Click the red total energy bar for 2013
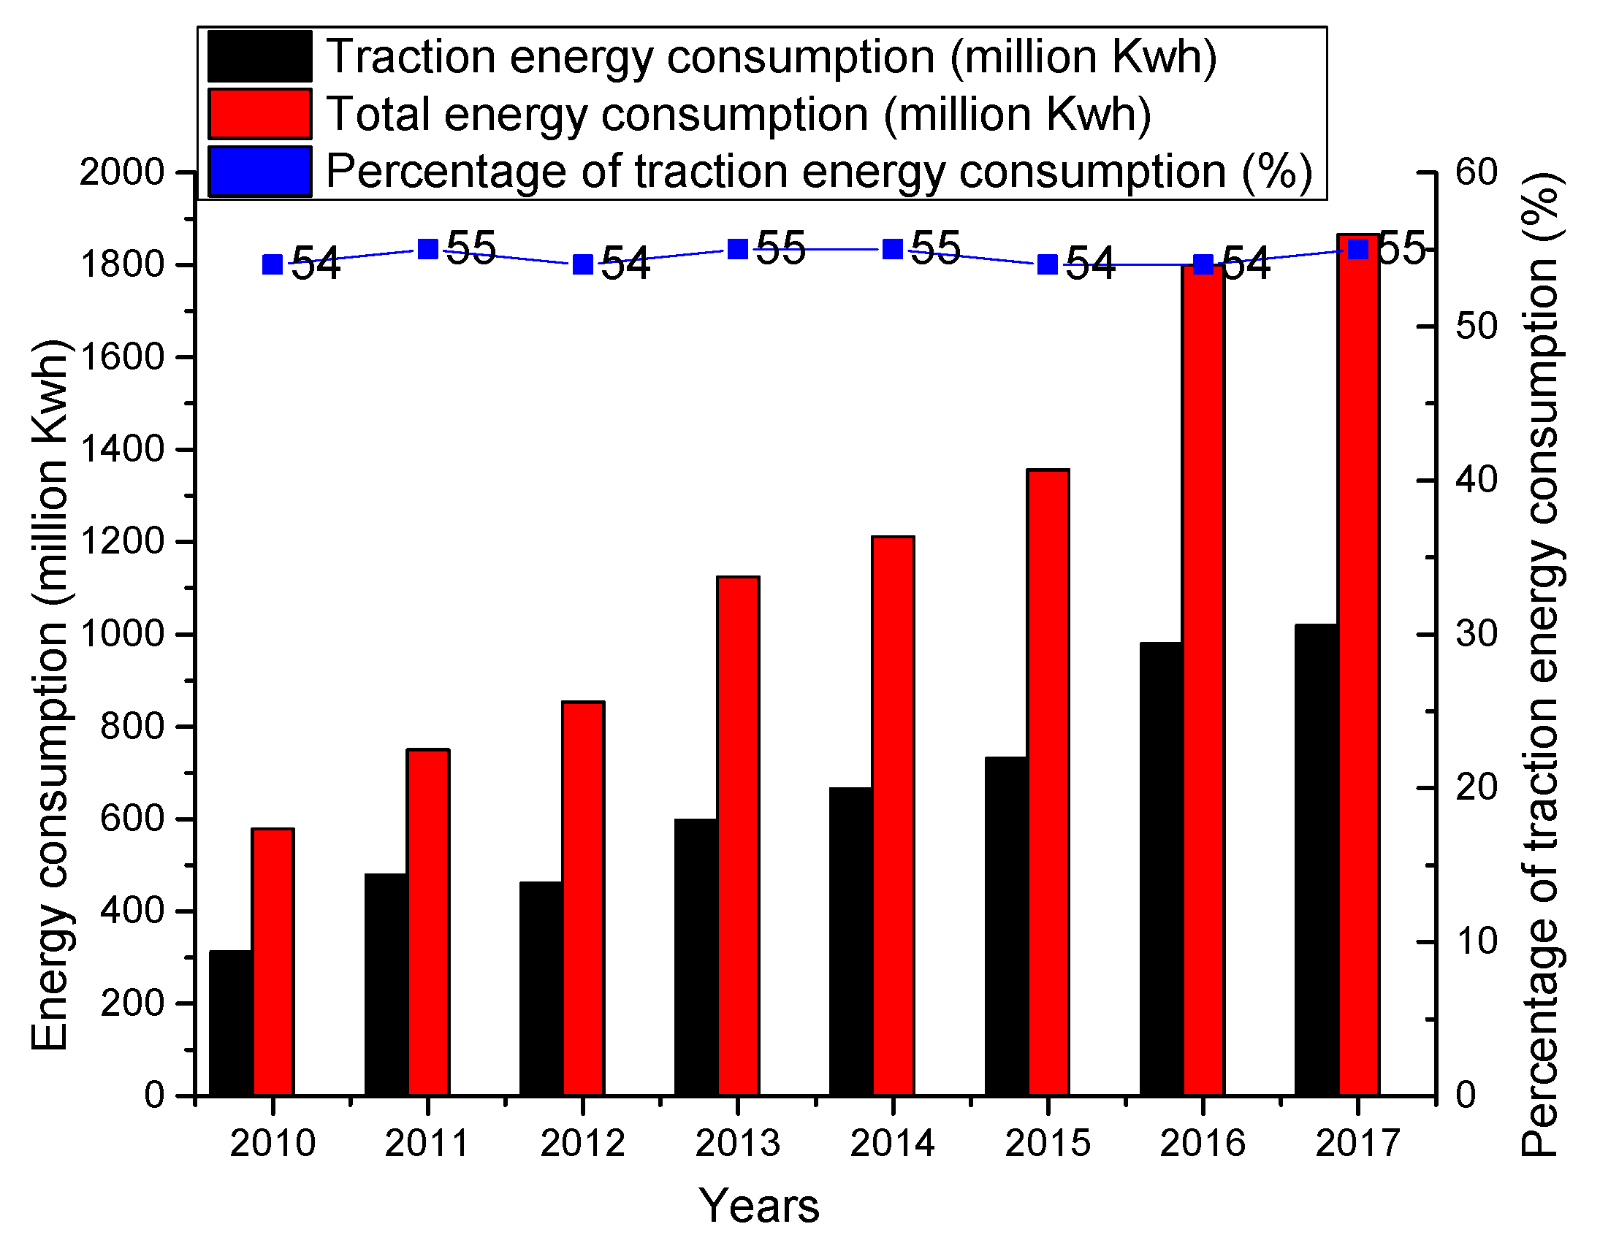click(738, 835)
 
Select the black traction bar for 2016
click(1161, 868)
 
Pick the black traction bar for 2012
click(541, 988)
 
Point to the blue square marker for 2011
click(428, 250)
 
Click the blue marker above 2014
click(892, 250)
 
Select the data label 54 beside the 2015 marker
click(1089, 264)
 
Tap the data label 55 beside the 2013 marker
click(780, 248)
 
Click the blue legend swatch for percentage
click(259, 172)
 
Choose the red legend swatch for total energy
click(259, 114)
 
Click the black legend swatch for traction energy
click(259, 56)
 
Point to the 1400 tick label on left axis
click(121, 449)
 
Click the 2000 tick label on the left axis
click(121, 172)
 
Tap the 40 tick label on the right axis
click(1476, 480)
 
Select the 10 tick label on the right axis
click(1476, 941)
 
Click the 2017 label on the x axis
click(1357, 1144)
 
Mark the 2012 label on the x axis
click(582, 1144)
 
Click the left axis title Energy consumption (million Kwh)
click(51, 696)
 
